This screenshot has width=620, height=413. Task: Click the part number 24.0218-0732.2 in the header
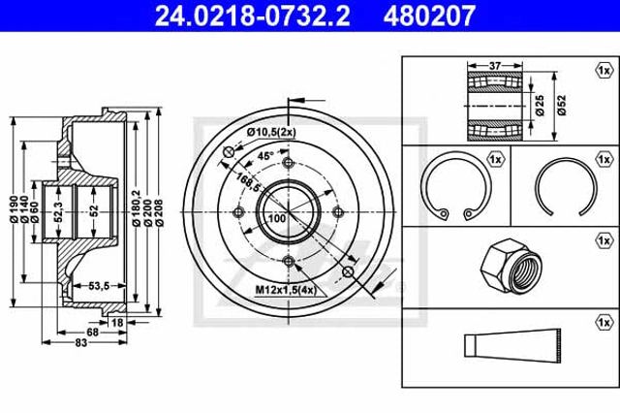(x=252, y=16)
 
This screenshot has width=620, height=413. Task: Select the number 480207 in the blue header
(x=429, y=16)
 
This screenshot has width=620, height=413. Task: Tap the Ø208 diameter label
(x=159, y=213)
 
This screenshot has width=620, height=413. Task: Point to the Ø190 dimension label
(x=15, y=208)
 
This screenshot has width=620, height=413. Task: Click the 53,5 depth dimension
(x=99, y=285)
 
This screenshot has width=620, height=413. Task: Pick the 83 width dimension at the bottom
(x=80, y=342)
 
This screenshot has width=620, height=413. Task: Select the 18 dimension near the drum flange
(x=117, y=323)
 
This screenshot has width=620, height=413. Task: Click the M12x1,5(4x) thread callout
(x=286, y=291)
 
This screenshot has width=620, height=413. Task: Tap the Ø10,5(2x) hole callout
(x=271, y=133)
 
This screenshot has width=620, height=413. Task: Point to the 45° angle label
(x=265, y=156)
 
